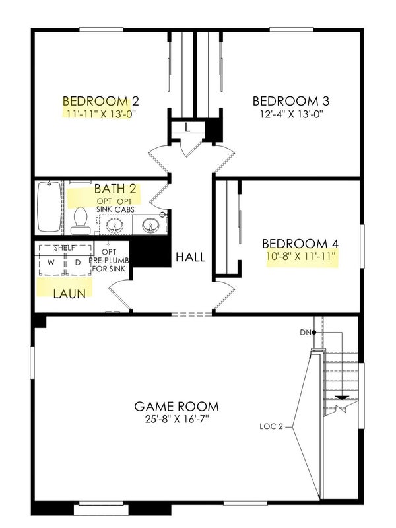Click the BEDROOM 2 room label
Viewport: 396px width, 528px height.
click(101, 101)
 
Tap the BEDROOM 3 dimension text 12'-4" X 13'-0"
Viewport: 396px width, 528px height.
click(292, 114)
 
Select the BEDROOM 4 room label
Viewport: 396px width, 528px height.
click(300, 244)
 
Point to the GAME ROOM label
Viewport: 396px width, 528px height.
click(176, 407)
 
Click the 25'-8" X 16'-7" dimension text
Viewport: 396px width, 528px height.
click(176, 420)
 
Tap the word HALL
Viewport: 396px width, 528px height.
click(191, 257)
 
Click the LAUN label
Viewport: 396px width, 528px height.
click(69, 294)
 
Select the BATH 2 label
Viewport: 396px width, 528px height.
click(115, 189)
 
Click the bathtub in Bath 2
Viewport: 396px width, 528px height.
click(49, 207)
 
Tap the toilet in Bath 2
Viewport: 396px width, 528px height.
click(81, 220)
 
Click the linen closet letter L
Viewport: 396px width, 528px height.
click(187, 127)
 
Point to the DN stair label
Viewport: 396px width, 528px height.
click(306, 333)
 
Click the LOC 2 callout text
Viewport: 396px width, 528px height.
click(271, 426)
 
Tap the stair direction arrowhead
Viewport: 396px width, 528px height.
click(343, 398)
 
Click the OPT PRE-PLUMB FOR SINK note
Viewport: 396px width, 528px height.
click(109, 260)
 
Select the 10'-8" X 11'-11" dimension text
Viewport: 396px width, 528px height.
click(302, 257)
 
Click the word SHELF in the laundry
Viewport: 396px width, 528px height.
click(65, 248)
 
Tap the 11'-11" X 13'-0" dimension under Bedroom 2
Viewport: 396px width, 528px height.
click(101, 114)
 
